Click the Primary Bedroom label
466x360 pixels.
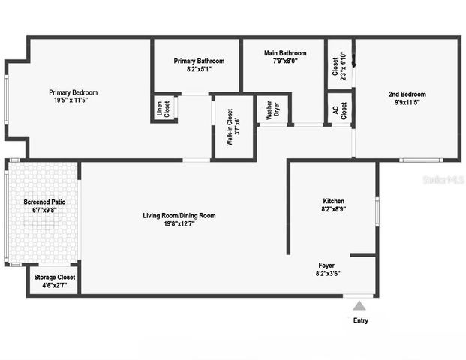point(74,92)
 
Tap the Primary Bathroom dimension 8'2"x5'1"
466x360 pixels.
point(199,69)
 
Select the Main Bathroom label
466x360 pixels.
point(285,53)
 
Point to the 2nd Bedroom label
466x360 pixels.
point(407,94)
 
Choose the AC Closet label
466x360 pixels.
point(340,110)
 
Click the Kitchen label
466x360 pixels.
point(333,201)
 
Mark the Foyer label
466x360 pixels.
point(326,265)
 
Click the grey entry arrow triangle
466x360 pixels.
point(360,305)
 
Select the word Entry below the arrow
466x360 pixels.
point(360,320)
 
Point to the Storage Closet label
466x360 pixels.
point(55,277)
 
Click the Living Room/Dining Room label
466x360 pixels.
point(179,216)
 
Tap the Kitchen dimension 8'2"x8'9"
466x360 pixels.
point(333,211)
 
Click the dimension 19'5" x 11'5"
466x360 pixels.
point(74,101)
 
